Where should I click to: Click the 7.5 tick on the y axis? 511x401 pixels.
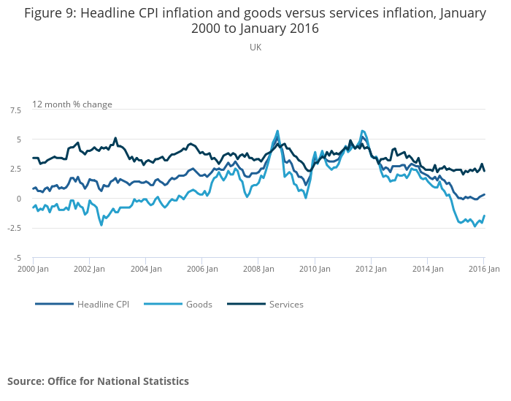click(15, 110)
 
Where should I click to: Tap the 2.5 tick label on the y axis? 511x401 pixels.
click(15, 169)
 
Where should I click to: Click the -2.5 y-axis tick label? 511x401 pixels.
click(14, 228)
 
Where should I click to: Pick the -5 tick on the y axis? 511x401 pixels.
click(16, 258)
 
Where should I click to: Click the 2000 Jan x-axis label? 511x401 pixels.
click(34, 269)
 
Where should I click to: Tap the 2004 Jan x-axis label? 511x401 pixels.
click(146, 269)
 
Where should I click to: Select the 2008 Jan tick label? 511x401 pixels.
click(258, 269)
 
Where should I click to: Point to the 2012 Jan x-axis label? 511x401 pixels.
click(371, 269)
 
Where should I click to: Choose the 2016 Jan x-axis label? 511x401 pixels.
click(483, 269)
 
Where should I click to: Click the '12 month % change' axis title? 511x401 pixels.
click(72, 104)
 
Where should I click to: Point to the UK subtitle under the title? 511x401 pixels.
click(255, 47)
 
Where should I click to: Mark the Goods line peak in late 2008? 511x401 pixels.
click(277, 131)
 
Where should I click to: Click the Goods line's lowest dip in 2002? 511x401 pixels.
click(101, 225)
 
